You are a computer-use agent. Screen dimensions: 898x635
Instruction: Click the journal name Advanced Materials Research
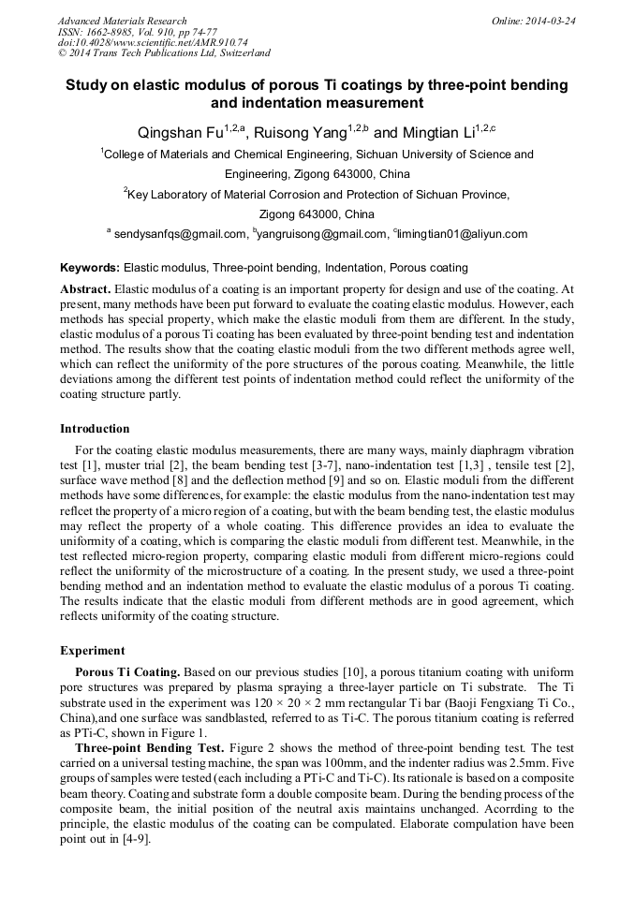pos(122,21)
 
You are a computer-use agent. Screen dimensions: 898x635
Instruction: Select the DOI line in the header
pos(153,42)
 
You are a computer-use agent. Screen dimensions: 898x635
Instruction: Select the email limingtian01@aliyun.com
pos(463,234)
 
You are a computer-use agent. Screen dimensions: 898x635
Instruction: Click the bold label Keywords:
pos(90,267)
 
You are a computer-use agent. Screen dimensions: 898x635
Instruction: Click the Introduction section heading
pos(95,428)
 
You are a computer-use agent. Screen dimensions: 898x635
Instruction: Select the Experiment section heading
pos(93,650)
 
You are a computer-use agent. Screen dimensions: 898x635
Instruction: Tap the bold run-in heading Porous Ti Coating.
pos(127,672)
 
